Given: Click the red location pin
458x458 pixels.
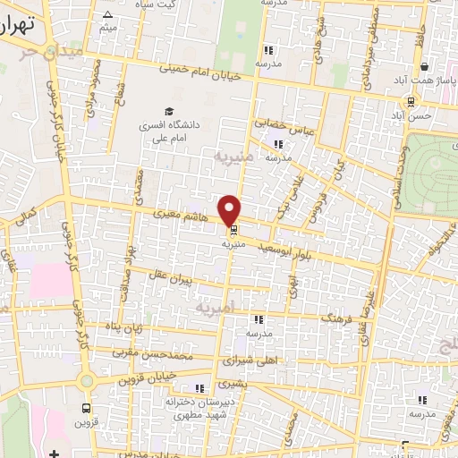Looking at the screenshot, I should pyautogui.click(x=231, y=209).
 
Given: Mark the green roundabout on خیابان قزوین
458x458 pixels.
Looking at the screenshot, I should pyautogui.click(x=86, y=380).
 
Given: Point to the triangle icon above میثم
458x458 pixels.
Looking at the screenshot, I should pyautogui.click(x=107, y=15).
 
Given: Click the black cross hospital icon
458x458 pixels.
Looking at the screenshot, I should pyautogui.click(x=55, y=453).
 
